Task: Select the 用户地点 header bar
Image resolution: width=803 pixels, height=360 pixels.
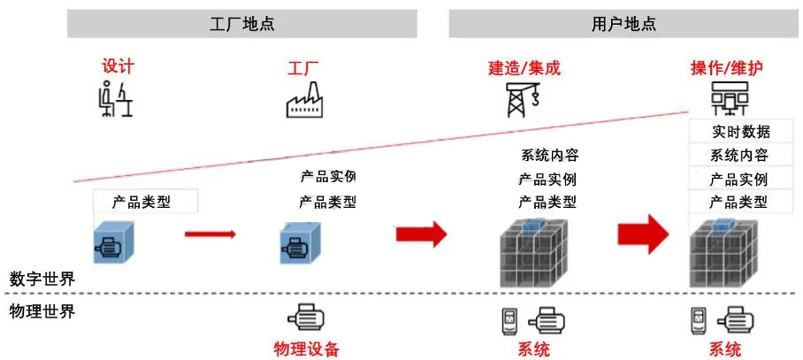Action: click(x=623, y=24)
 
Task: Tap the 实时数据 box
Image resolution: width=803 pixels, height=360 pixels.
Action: click(x=740, y=133)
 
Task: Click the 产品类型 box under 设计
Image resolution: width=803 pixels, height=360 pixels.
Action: click(x=145, y=202)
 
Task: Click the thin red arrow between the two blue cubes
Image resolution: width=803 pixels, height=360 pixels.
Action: click(x=210, y=234)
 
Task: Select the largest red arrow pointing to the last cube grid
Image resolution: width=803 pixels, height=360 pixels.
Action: click(x=646, y=234)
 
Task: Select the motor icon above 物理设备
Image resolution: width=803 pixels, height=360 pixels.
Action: click(x=306, y=318)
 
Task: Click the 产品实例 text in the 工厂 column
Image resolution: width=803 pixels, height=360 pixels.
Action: click(x=327, y=176)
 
